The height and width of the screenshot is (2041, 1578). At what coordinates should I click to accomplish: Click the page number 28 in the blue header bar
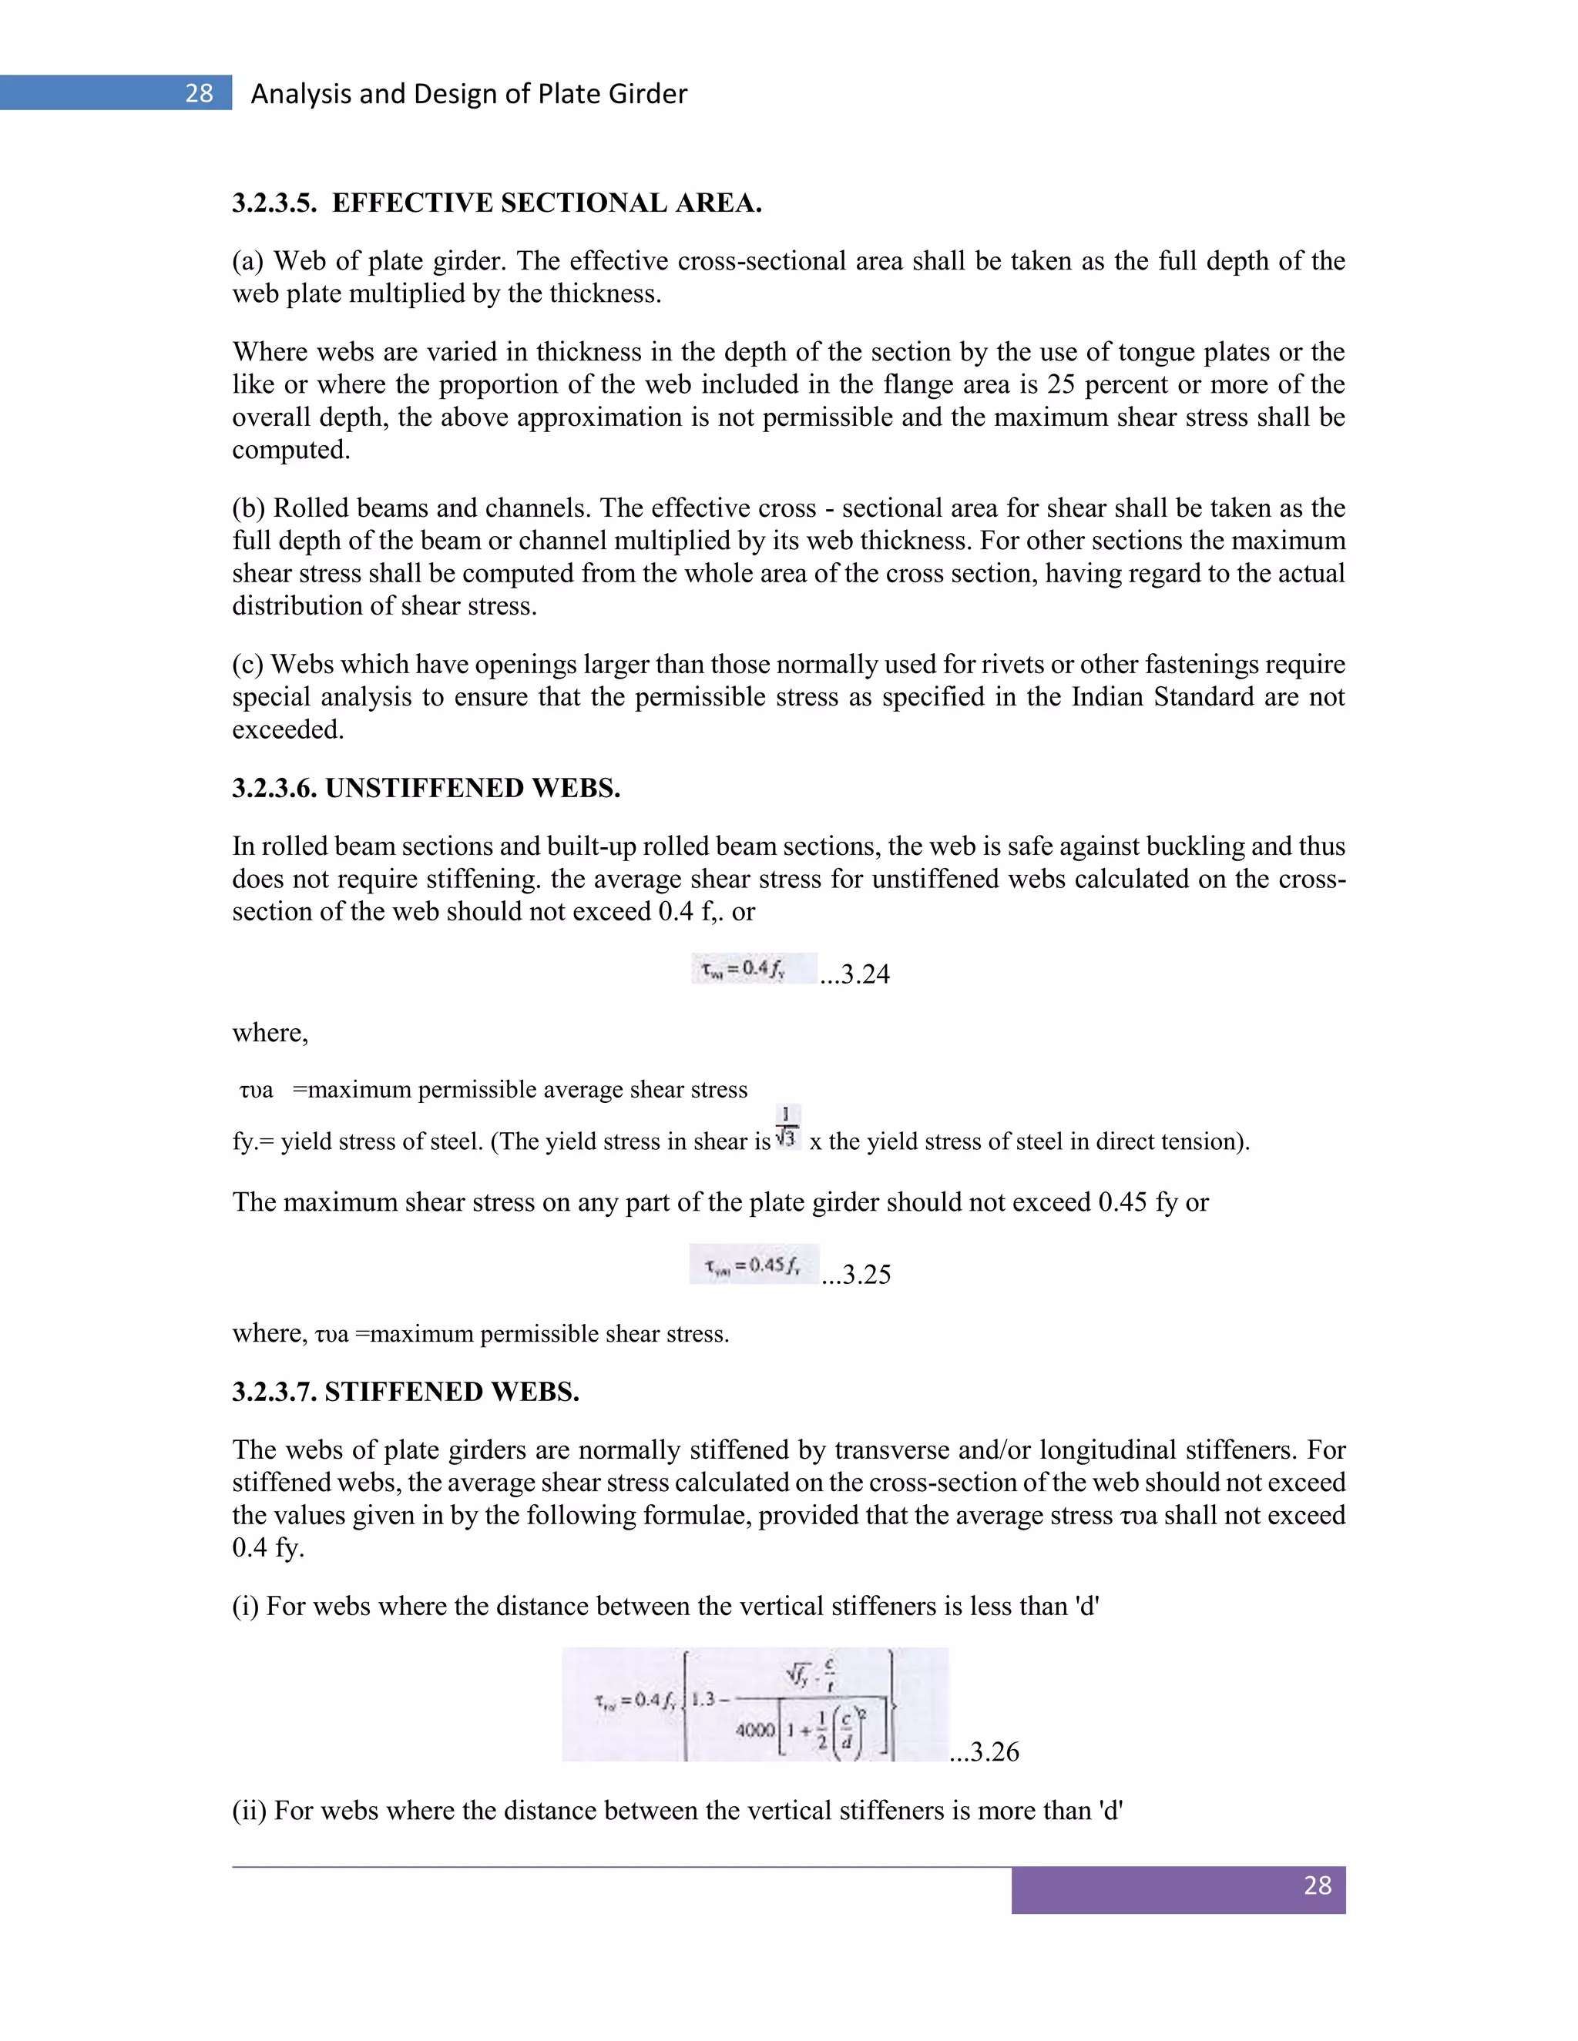tap(198, 93)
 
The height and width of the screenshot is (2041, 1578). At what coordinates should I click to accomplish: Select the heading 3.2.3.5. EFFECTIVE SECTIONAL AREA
tap(496, 203)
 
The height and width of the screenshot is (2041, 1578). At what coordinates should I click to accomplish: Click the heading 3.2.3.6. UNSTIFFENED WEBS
tap(426, 788)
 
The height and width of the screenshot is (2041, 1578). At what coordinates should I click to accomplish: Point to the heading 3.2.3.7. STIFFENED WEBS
tap(406, 1392)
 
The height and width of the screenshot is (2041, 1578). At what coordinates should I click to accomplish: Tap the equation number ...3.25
tap(856, 1274)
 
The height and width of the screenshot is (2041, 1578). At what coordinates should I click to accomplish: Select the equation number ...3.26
tap(985, 1751)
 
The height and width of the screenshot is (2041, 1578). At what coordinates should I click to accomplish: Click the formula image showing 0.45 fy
tap(754, 1265)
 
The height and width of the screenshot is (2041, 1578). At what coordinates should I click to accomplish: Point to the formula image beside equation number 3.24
tap(754, 968)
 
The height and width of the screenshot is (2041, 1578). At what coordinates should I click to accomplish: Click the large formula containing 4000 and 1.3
tap(754, 1704)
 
